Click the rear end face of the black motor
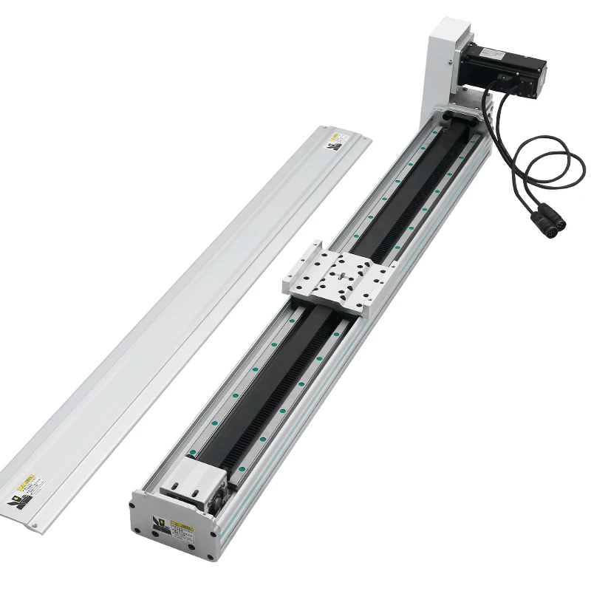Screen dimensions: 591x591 click(539, 78)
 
